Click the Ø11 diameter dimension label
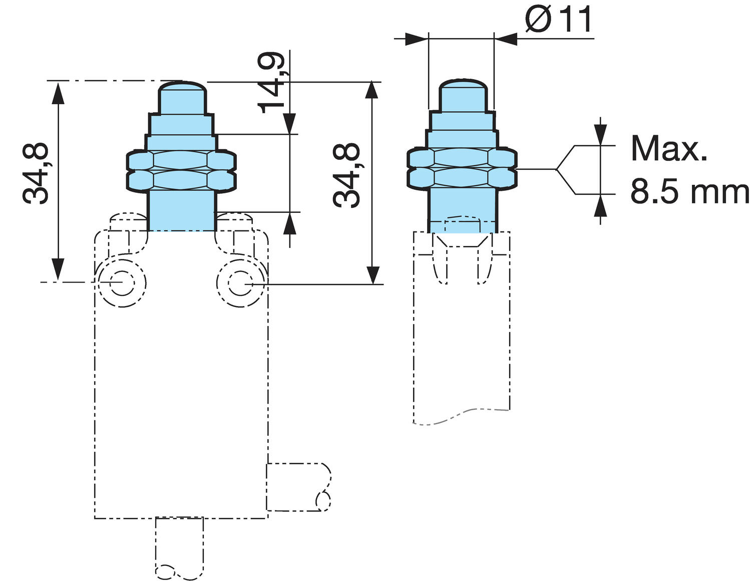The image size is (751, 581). [559, 20]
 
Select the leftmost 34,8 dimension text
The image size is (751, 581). [36, 173]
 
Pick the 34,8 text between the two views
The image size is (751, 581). [346, 175]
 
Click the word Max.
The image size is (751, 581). [669, 149]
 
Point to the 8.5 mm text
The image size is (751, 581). [689, 192]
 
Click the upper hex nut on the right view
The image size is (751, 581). [461, 157]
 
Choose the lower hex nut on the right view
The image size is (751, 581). [461, 177]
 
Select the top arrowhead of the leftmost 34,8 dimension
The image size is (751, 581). [59, 93]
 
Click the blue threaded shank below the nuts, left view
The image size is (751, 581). [182, 210]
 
